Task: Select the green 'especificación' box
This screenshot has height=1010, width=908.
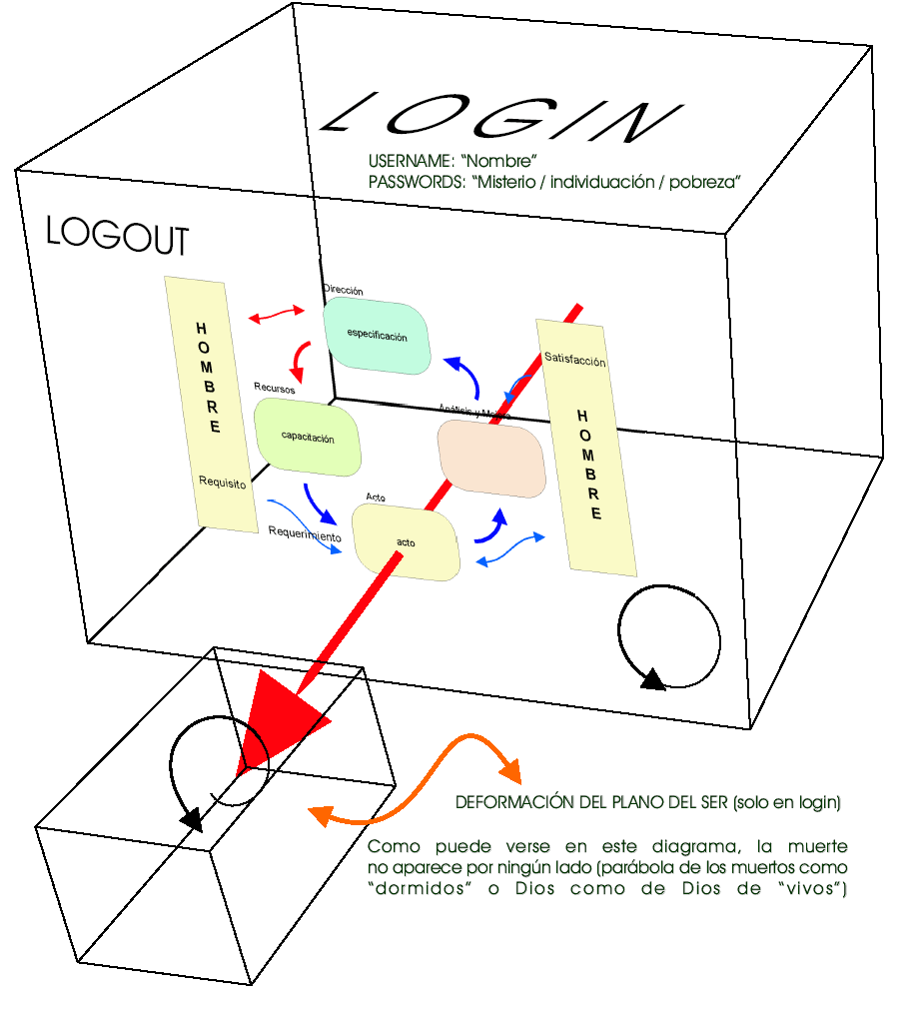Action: [x=377, y=337]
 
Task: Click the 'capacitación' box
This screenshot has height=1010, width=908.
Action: [x=307, y=438]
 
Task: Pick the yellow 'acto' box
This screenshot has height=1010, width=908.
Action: [x=406, y=542]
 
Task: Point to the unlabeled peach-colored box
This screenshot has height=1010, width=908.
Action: [x=492, y=459]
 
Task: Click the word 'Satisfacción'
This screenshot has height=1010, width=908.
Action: [x=574, y=361]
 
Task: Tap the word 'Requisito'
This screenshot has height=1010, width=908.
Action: [x=222, y=482]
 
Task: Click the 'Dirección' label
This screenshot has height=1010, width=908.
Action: [x=343, y=290]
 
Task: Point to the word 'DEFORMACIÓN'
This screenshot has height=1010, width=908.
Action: [x=512, y=802]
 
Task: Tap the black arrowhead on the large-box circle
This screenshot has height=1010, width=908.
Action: [x=651, y=680]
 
